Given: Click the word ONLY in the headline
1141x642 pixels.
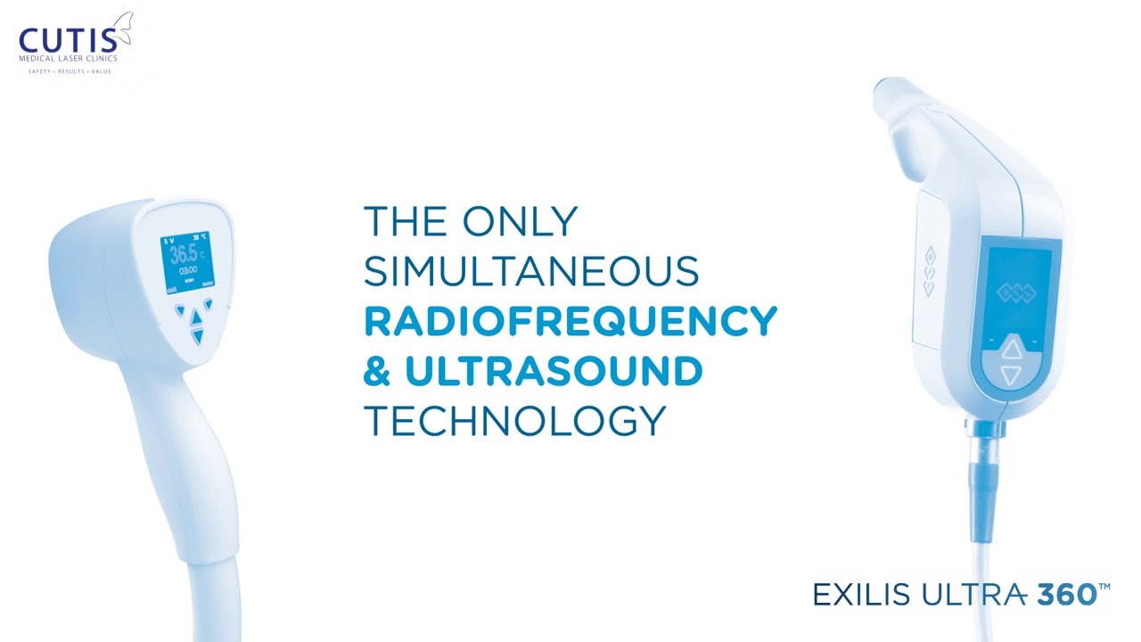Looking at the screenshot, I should pos(520,222).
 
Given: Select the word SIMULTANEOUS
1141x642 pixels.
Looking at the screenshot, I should pos(530,272).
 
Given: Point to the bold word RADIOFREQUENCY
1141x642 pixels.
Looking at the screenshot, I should pos(570,322).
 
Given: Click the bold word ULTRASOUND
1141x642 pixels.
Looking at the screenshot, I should pos(554,372).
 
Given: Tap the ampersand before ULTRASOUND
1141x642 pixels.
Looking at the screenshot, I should pos(377,372).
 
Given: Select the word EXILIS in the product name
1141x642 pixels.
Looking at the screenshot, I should pos(862,595).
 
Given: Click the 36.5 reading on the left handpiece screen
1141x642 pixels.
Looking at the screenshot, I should pos(185,253).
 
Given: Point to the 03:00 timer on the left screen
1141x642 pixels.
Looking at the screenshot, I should pos(188,270).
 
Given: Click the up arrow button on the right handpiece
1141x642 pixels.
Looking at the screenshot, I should pos(1010,350).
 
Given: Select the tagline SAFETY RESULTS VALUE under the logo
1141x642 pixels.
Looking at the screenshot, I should pos(70,71).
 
